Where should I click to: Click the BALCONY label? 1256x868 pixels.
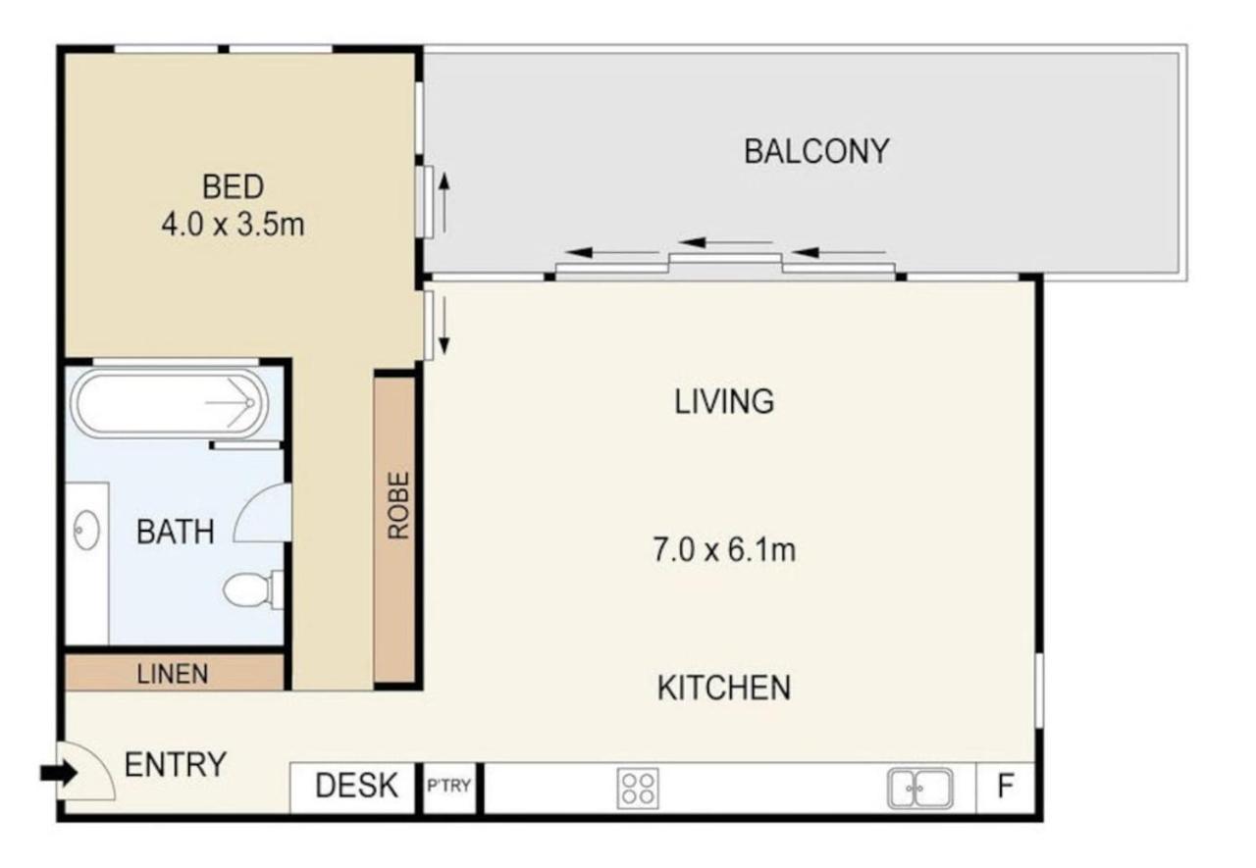tap(816, 151)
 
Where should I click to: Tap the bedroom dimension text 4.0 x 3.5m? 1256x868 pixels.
tap(233, 225)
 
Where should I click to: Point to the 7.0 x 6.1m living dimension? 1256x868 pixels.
tap(724, 549)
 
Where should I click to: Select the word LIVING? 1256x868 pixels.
tap(724, 402)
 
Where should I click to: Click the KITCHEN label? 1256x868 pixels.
tap(724, 688)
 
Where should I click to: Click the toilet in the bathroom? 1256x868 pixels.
tap(253, 589)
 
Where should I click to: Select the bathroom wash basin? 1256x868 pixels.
tap(86, 529)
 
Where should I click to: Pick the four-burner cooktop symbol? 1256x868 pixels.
tap(638, 789)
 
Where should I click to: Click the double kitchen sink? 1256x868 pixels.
tap(919, 789)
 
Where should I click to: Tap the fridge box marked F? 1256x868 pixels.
tap(1005, 788)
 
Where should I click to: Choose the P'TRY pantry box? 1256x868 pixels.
tap(449, 788)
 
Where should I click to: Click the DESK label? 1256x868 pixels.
tap(356, 786)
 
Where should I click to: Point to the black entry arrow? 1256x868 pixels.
tap(58, 773)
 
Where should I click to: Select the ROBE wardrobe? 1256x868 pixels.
tap(394, 530)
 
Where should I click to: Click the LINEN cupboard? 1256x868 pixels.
tap(175, 673)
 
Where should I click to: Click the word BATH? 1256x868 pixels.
tap(176, 532)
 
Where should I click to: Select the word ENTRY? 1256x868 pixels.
tap(176, 764)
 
